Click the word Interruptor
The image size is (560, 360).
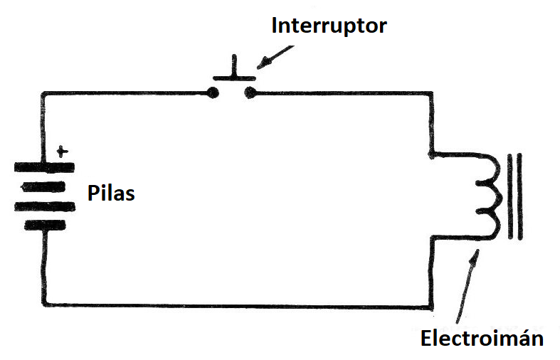329,26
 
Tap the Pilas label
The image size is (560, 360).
110,192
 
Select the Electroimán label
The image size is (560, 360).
482,338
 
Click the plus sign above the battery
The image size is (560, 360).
63,151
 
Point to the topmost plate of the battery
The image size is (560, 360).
44,168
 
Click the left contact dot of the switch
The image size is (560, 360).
212,92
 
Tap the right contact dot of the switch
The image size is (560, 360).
248,92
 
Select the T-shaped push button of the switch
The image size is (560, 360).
233,73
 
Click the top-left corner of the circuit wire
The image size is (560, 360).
44,93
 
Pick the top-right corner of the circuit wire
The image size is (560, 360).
431,92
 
